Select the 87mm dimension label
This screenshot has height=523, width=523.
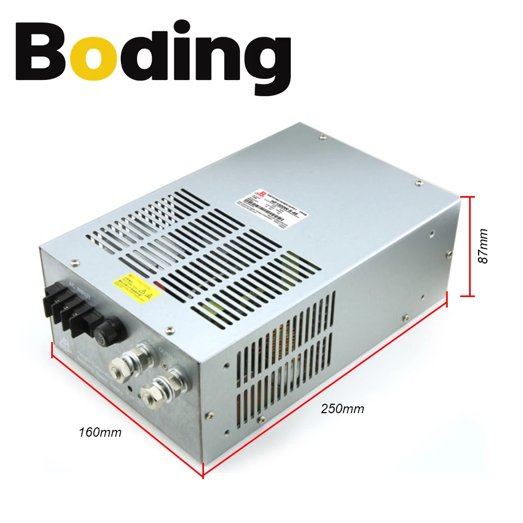coord(483,246)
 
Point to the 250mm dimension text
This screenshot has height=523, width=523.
coord(343,408)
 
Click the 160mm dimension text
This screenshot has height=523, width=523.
coord(100,433)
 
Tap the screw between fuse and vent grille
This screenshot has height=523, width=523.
coord(168,329)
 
